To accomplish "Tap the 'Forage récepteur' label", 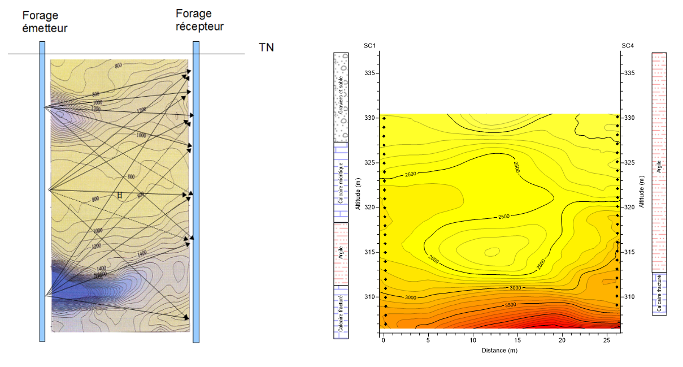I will pyautogui.click(x=199, y=20).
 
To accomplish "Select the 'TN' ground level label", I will pyautogui.click(x=266, y=47).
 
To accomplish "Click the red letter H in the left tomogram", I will pyautogui.click(x=119, y=196).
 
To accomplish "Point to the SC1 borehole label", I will pyautogui.click(x=369, y=46).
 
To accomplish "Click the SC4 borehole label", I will pyautogui.click(x=628, y=46).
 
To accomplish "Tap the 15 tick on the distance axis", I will pyautogui.click(x=517, y=340).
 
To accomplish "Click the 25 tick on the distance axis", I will pyautogui.click(x=606, y=340).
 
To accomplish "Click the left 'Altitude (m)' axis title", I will pyautogui.click(x=358, y=193).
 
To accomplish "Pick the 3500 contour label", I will pyautogui.click(x=510, y=305).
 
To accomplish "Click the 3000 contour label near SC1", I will pyautogui.click(x=411, y=297).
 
